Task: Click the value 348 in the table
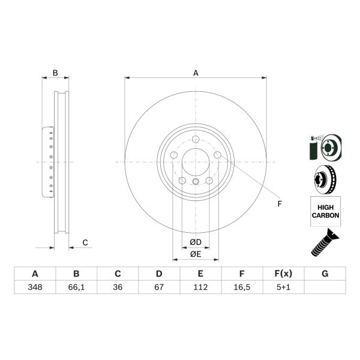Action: click(35, 287)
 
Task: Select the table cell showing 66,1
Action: click(76, 287)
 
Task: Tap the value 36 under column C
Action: click(118, 287)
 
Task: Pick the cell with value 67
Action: click(159, 287)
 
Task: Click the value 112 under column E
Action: click(200, 287)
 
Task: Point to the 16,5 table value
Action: click(242, 287)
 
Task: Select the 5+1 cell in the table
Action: click(283, 287)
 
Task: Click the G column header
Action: click(325, 274)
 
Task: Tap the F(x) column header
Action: click(283, 274)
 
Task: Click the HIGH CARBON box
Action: click(325, 211)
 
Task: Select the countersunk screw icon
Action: click(325, 244)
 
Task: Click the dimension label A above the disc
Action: click(196, 73)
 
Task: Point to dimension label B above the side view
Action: click(55, 73)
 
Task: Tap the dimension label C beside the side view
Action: click(85, 242)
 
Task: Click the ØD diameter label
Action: click(196, 242)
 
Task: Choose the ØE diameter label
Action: click(196, 254)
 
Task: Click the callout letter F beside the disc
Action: click(279, 204)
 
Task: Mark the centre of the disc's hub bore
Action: click(196, 162)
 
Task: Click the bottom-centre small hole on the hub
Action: click(196, 182)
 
